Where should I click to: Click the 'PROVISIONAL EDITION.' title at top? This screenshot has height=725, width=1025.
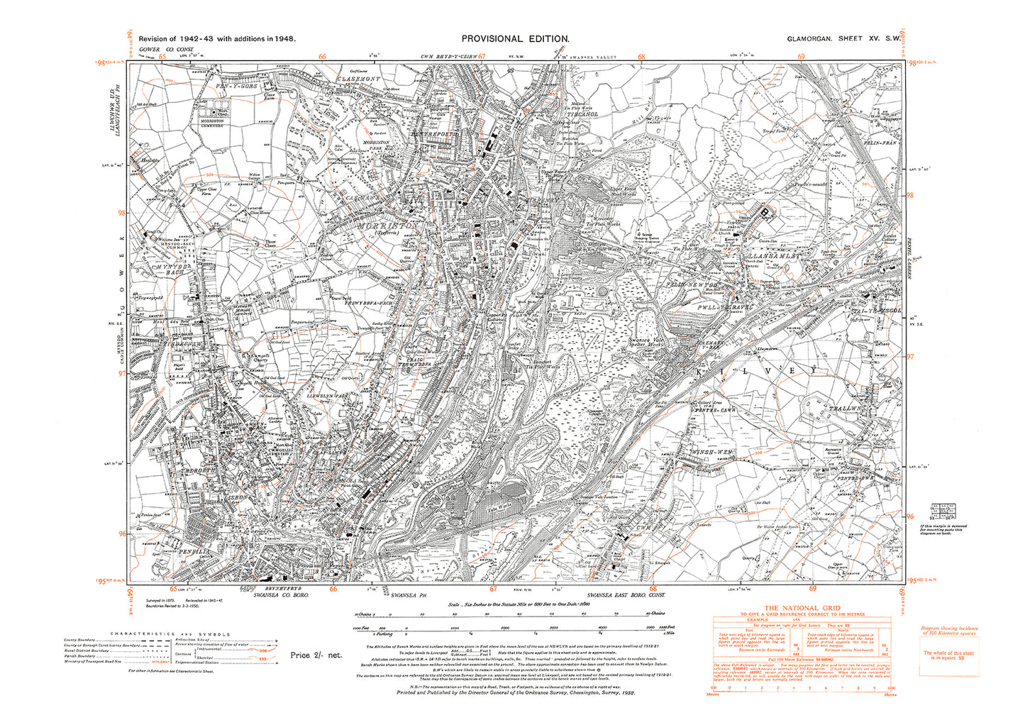tap(515, 39)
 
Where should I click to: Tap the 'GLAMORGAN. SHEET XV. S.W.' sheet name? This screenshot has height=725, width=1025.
tap(843, 39)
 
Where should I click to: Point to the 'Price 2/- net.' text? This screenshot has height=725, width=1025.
tap(316, 655)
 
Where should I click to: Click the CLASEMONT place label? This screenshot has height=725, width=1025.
tap(359, 79)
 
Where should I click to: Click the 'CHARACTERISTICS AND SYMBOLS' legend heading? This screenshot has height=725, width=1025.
tap(170, 633)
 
